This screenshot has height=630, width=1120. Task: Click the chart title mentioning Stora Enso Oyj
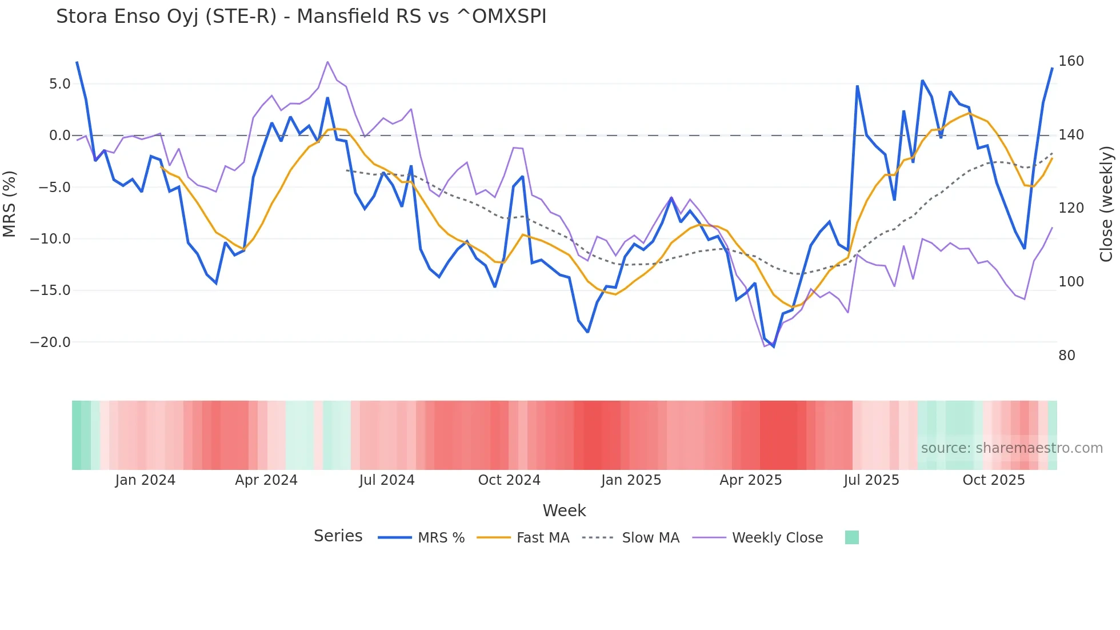point(301,17)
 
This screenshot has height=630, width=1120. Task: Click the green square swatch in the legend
point(851,537)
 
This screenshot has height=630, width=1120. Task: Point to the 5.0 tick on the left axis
point(59,84)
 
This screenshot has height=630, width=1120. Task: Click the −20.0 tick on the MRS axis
point(50,342)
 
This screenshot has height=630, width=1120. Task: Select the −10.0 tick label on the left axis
point(50,239)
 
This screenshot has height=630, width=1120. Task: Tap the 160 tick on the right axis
point(1071,61)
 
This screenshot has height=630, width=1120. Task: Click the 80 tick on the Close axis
point(1066,356)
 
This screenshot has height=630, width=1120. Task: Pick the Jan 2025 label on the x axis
point(631,480)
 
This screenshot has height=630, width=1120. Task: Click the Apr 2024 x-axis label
point(266,480)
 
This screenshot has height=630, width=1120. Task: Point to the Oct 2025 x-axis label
point(994,480)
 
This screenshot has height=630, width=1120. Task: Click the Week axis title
point(564,511)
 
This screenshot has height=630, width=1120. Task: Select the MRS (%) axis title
point(10,204)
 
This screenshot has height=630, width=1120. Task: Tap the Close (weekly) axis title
point(1106,204)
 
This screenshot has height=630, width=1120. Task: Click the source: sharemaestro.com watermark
point(1011,448)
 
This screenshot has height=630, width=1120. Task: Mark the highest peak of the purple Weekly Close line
point(327,62)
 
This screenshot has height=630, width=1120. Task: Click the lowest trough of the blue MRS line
point(774,346)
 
